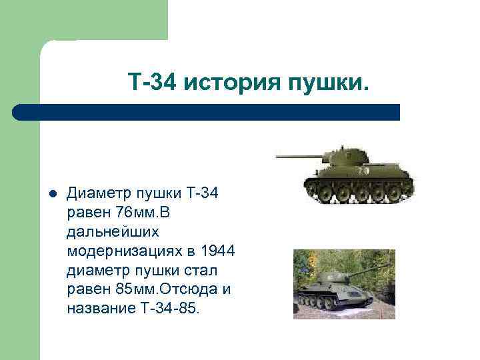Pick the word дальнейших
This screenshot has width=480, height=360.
(113, 232)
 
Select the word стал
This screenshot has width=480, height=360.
(207, 271)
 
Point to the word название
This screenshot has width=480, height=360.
(99, 309)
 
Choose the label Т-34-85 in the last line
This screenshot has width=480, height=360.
(175, 309)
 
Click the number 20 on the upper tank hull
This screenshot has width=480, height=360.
(364, 171)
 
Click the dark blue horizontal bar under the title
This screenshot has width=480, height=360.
(207, 112)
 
